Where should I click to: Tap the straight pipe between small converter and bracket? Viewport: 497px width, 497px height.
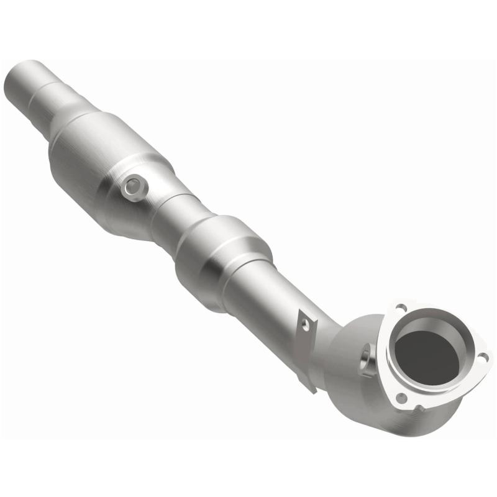267,298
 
